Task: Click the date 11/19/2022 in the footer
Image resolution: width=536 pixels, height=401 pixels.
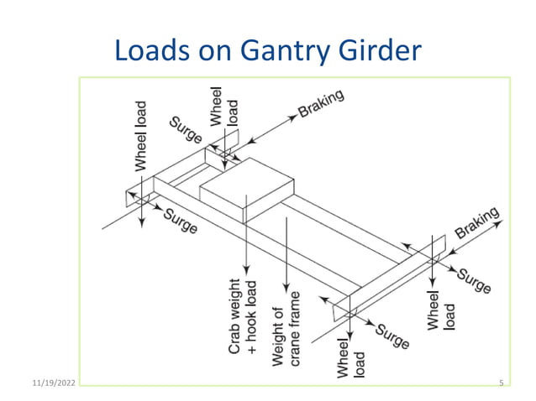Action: (50, 383)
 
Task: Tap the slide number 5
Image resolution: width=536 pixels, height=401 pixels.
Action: (501, 383)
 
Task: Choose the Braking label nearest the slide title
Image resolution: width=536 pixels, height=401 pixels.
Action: (321, 104)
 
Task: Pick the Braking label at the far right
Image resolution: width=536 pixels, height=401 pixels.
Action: (478, 222)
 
